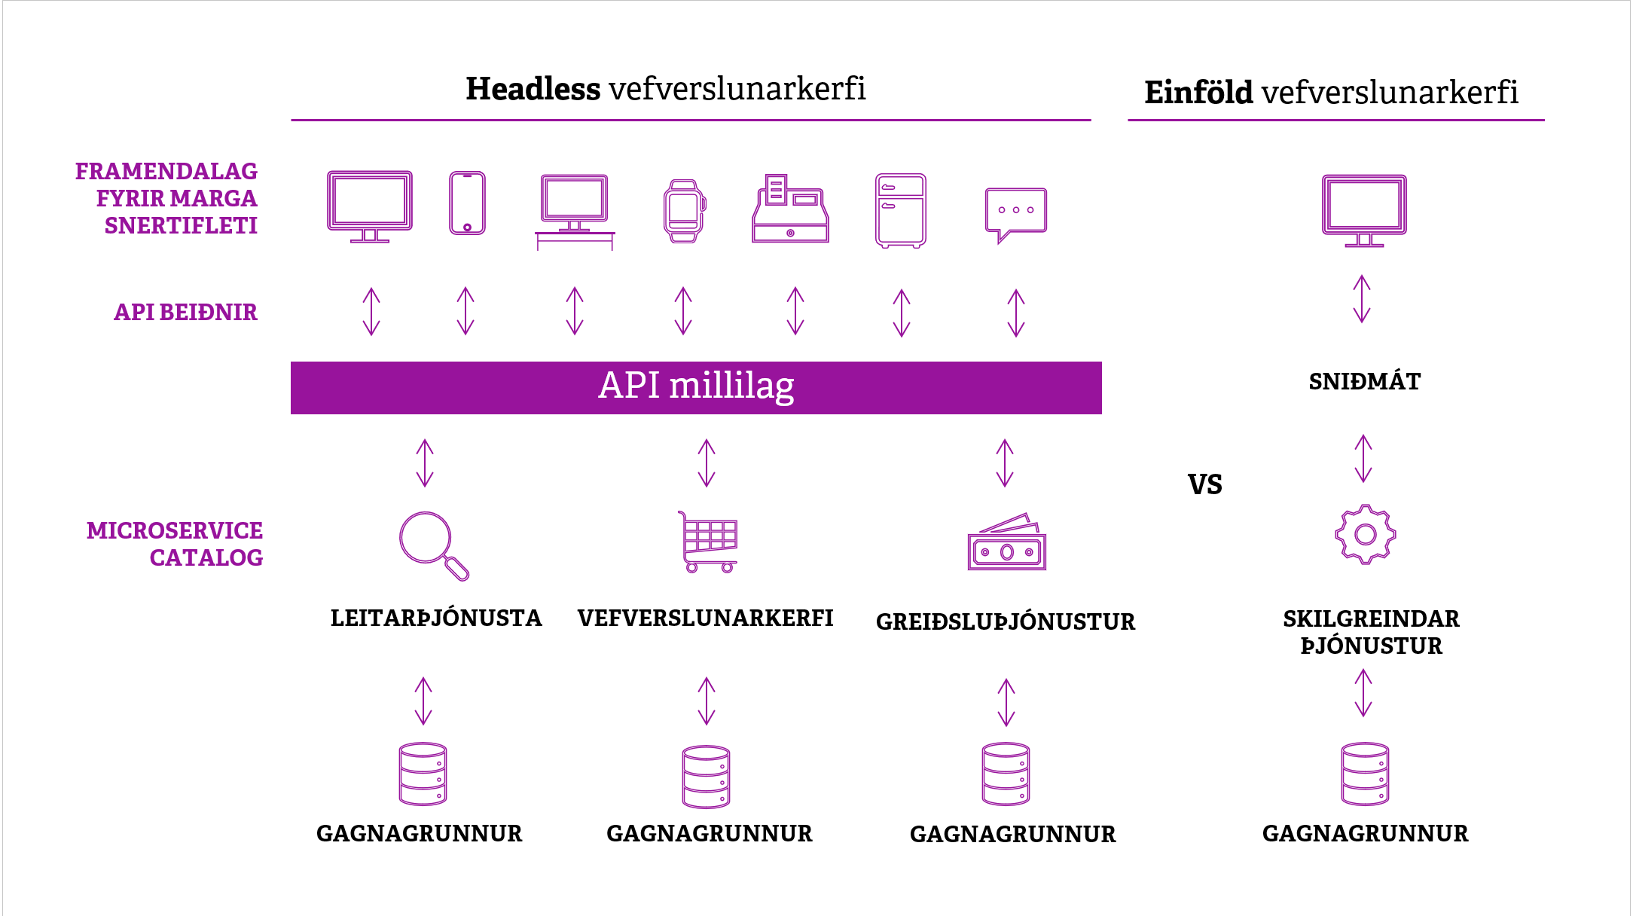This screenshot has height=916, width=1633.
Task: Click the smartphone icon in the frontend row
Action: coord(467,203)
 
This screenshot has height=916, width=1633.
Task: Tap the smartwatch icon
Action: coord(684,211)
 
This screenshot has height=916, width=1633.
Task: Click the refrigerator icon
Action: coord(900,210)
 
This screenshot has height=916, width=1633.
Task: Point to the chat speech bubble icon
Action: coord(1015,212)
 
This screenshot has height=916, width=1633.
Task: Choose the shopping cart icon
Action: coord(708,542)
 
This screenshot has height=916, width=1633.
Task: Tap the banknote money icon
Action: coord(1006,543)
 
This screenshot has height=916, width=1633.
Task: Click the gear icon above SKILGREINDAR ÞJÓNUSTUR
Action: coord(1365,535)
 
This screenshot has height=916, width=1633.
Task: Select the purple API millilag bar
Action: coord(696,388)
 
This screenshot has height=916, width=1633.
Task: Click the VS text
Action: coord(1204,484)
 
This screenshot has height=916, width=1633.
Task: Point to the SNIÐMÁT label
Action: coord(1364,382)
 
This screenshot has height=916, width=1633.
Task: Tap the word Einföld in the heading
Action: coord(1198,93)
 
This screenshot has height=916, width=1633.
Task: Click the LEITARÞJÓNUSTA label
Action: coord(436,618)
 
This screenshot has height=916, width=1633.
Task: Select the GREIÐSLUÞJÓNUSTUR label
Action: coord(1005,622)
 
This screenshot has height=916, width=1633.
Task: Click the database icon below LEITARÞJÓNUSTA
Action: coord(423,774)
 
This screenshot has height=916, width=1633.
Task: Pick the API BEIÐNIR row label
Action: coord(185,313)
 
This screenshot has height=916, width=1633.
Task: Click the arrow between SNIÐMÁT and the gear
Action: coord(1363,459)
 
